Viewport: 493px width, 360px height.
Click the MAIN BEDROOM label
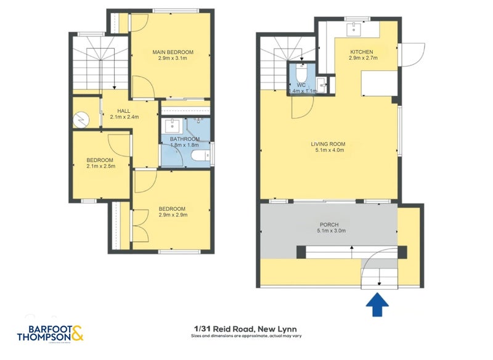click(173, 52)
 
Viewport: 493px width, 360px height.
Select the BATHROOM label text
click(185, 139)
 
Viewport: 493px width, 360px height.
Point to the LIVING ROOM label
click(328, 144)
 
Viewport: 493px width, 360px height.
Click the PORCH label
click(329, 224)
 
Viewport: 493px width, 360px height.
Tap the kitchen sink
click(354, 27)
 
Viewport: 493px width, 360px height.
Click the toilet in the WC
click(302, 69)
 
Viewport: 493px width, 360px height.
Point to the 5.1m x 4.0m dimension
click(328, 152)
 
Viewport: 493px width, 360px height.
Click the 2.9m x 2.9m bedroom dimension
click(173, 215)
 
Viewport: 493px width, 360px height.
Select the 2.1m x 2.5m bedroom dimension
click(101, 166)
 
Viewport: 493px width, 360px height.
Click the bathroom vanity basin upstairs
click(173, 125)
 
